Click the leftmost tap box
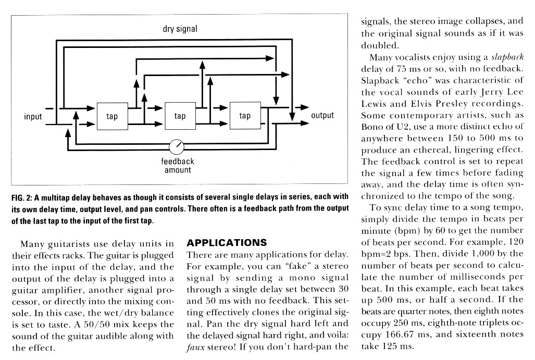[112, 116]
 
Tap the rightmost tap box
[244, 116]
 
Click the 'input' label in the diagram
[33, 116]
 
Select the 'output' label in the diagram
[322, 115]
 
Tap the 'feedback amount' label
[178, 166]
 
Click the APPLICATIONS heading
[227, 243]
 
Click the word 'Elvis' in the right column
[413, 104]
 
